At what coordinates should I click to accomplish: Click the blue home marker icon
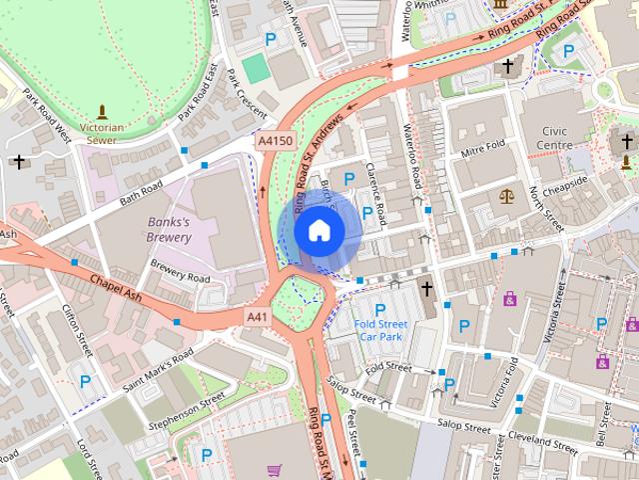coord(319,230)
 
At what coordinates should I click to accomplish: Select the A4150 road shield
coord(276,142)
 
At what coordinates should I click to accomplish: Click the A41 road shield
coord(259,316)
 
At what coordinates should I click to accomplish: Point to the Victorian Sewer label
coord(102,134)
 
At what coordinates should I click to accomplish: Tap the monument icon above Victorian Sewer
coord(102,112)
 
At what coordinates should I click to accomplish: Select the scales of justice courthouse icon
coord(505,194)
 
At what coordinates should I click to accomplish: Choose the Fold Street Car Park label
coord(379,329)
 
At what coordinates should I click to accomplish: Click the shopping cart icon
coord(274,469)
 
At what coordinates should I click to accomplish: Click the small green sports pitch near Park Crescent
coord(256,68)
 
